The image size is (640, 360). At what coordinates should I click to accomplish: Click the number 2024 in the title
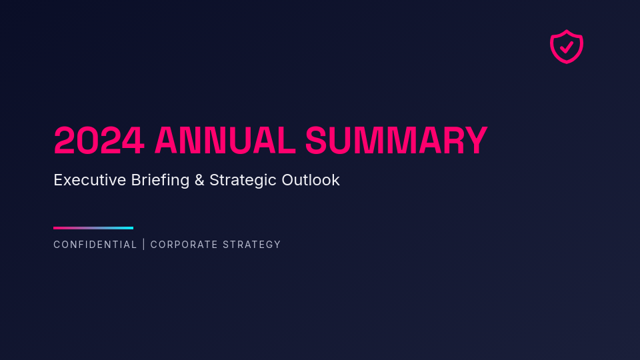click(x=99, y=141)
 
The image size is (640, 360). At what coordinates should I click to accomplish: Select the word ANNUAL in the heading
click(x=225, y=141)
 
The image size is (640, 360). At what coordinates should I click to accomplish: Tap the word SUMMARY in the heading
click(x=396, y=141)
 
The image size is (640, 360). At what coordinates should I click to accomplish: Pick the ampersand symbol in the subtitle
click(x=199, y=180)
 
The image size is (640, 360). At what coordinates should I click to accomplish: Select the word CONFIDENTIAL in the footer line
click(x=95, y=245)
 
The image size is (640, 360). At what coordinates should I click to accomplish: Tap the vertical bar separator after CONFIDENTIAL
click(x=144, y=245)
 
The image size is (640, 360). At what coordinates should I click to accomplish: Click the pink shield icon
click(x=567, y=46)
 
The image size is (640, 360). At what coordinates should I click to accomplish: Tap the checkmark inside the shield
click(x=567, y=47)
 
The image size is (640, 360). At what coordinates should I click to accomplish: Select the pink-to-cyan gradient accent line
click(x=93, y=228)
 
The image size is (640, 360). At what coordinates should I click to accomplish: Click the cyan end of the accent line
click(x=130, y=228)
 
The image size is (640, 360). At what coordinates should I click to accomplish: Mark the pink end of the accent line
click(x=57, y=228)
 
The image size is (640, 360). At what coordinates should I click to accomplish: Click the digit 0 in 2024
click(x=87, y=141)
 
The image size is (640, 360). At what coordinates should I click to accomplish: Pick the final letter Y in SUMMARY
click(x=476, y=141)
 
